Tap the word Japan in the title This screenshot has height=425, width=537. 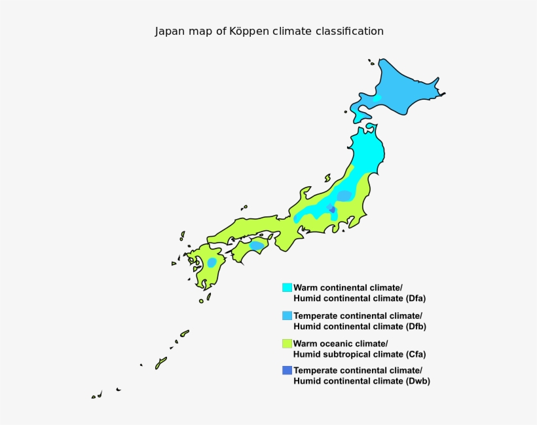point(169,31)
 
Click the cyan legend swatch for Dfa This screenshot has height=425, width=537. point(287,287)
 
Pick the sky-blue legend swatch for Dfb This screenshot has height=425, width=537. point(287,315)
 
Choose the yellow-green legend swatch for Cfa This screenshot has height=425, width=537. point(287,343)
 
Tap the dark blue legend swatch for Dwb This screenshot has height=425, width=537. point(287,371)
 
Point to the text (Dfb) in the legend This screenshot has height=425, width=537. point(413,326)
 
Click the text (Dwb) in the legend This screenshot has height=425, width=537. point(415,381)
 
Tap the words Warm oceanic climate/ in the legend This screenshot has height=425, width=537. point(341,344)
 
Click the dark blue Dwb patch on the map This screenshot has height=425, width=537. point(332,209)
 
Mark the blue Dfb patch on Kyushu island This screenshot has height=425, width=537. point(212,262)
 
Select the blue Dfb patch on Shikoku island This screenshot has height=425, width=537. point(257,246)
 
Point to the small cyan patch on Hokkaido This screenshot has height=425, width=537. point(378,98)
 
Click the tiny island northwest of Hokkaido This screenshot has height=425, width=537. point(371,63)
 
